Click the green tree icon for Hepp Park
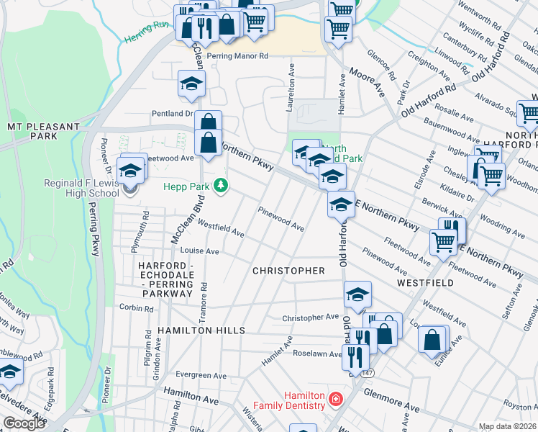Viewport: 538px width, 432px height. [x=221, y=186]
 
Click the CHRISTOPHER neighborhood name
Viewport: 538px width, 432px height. [x=288, y=271]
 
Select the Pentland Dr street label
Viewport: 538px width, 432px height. [x=172, y=114]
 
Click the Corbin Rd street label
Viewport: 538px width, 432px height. [x=137, y=308]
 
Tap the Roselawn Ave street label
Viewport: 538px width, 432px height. [x=316, y=354]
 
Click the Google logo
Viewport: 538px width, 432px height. [x=24, y=423]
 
